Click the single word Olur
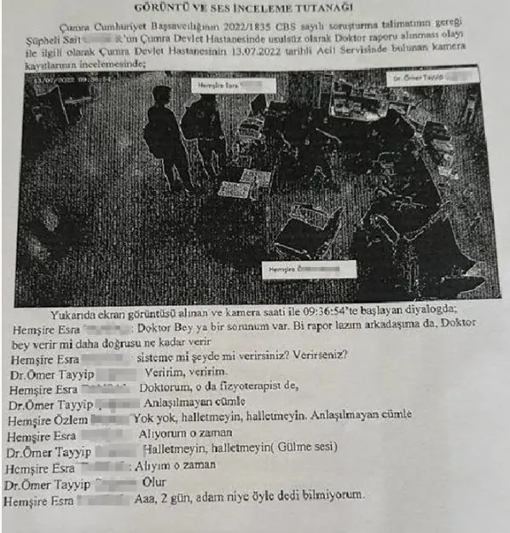click(x=154, y=481)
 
